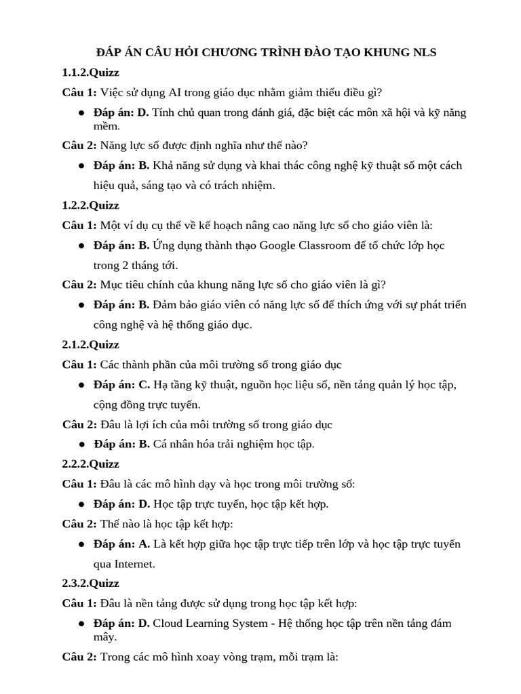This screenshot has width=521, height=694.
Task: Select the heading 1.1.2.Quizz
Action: [91, 73]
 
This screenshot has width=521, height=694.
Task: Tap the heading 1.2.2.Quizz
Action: [91, 205]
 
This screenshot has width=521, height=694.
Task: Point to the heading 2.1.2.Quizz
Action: [91, 344]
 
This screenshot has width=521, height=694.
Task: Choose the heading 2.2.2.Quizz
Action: [91, 464]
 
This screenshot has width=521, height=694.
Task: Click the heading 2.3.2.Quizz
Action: [91, 583]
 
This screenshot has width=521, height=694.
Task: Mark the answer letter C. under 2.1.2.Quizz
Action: [144, 384]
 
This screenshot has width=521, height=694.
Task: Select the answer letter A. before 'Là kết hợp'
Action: [144, 544]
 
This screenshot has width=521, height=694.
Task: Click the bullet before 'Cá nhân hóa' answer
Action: [81, 445]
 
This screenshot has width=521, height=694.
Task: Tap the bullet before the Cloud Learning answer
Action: [81, 624]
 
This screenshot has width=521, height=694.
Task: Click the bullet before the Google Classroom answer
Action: [81, 245]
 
